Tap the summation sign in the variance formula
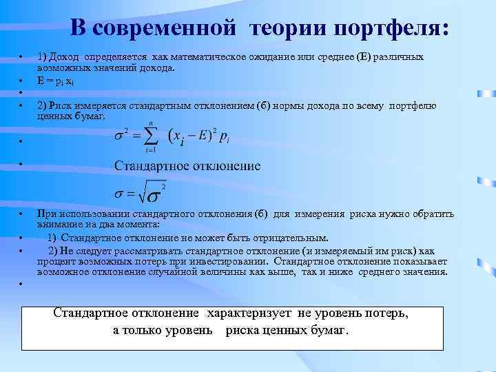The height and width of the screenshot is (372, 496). (149, 135)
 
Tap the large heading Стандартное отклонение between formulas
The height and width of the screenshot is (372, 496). (187, 166)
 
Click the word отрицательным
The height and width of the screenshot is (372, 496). (289, 238)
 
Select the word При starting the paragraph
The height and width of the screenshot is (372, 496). (47, 214)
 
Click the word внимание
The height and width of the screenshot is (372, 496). (58, 225)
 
